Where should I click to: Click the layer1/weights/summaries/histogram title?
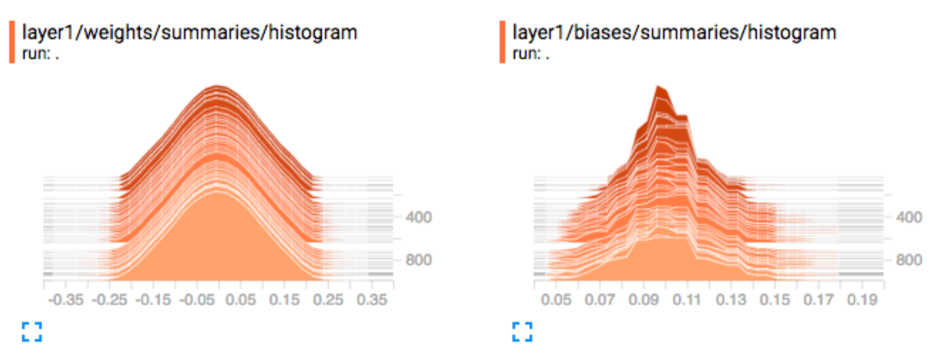189,33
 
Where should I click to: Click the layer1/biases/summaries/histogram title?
674,33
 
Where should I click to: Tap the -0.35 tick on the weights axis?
66,300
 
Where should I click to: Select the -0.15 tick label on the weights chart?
153,300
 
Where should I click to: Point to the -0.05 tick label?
197,300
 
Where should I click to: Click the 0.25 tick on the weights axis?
328,300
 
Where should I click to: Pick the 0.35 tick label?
372,300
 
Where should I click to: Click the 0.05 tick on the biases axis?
556,300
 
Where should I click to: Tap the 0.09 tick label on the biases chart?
643,300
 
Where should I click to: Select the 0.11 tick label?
687,300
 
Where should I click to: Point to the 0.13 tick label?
731,300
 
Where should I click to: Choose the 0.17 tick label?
818,300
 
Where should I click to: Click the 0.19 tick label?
862,300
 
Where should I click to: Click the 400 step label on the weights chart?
419,217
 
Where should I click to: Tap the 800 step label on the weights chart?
419,260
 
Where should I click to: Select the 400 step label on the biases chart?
909,217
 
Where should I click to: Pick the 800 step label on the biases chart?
909,260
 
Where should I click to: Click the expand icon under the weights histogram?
32,332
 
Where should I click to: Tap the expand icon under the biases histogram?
522,332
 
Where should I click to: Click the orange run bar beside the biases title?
502,42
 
